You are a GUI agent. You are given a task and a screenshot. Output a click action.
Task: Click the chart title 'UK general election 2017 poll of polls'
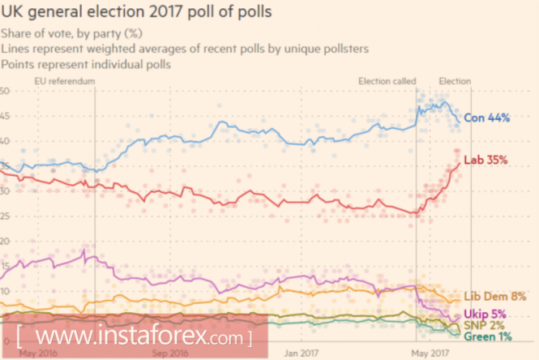click(136, 14)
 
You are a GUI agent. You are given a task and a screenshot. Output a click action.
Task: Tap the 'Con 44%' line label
click(486, 118)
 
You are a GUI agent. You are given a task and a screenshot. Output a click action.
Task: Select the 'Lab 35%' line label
click(486, 161)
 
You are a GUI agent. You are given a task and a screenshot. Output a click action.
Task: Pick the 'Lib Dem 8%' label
click(494, 297)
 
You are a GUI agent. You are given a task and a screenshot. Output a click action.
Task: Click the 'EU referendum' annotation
click(65, 81)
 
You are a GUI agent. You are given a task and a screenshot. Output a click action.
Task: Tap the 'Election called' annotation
click(387, 81)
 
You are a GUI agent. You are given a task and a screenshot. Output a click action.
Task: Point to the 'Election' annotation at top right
click(455, 81)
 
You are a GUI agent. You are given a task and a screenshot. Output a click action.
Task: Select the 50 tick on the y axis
click(5, 91)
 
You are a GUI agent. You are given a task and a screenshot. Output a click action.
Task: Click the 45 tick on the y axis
click(5, 116)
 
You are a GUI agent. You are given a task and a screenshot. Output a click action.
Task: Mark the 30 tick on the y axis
click(5, 191)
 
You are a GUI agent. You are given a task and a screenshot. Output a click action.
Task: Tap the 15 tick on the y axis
click(5, 266)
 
